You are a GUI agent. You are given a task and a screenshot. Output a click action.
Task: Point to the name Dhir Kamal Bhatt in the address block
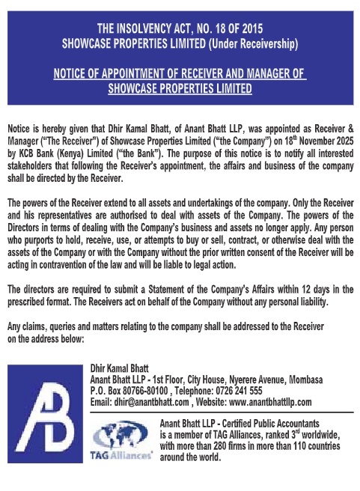pyautogui.click(x=120, y=369)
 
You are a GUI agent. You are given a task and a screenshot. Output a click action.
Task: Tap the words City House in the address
pyautogui.click(x=200, y=379)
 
